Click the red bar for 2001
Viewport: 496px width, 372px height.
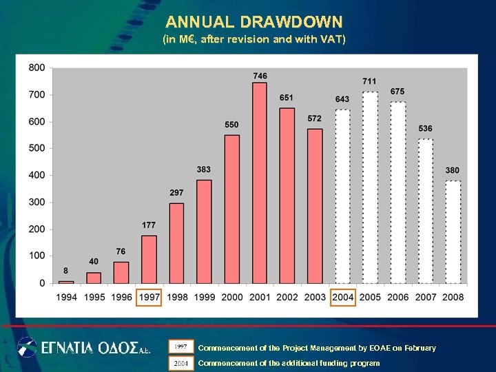(260, 183)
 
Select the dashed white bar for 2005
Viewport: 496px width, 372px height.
(370, 187)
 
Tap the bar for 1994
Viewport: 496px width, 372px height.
(66, 282)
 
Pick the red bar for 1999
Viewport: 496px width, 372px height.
(204, 231)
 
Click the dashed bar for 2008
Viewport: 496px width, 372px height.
(453, 232)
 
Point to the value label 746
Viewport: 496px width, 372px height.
(260, 76)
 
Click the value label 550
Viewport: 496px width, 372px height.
(232, 125)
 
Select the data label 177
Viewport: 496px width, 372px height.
(149, 225)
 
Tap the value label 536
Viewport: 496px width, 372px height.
(425, 128)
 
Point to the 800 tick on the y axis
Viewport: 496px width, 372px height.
(37, 68)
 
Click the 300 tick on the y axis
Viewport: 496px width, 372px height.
(37, 202)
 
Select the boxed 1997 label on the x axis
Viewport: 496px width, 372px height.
(149, 298)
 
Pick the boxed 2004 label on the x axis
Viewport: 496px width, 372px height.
(342, 298)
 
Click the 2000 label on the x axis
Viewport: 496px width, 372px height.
(232, 298)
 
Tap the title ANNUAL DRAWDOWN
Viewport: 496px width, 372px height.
(254, 22)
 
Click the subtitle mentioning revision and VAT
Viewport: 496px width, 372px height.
(254, 39)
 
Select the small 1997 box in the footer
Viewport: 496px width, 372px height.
(181, 347)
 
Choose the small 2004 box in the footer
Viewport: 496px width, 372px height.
(181, 362)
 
